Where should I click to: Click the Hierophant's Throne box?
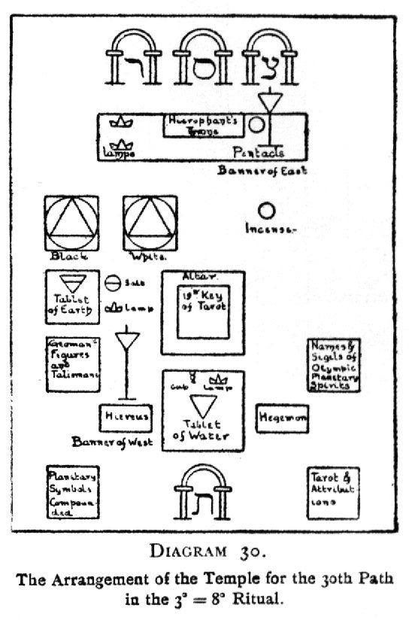[201, 125]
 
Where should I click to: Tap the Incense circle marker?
[266, 210]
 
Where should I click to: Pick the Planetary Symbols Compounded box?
[72, 492]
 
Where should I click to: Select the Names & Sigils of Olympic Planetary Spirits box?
[335, 366]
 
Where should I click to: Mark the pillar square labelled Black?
[72, 223]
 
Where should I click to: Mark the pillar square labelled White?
[151, 223]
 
